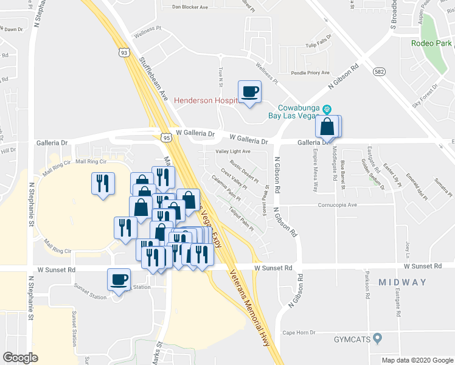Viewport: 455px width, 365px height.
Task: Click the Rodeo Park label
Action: point(431,44)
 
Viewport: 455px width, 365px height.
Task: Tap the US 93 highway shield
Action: point(125,53)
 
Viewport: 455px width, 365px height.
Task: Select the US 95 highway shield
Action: point(166,139)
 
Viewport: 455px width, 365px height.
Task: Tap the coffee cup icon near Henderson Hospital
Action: point(249,92)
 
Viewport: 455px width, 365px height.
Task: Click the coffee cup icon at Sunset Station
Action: point(119,280)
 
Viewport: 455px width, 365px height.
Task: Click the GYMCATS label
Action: point(353,338)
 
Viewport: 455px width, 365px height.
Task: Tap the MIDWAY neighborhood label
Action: point(402,282)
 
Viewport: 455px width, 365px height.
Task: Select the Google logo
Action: point(20,357)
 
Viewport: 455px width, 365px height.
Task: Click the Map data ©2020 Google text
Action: point(417,360)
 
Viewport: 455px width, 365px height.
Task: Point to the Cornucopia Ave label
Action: point(337,205)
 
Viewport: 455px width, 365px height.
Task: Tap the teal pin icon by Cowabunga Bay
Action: point(327,109)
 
